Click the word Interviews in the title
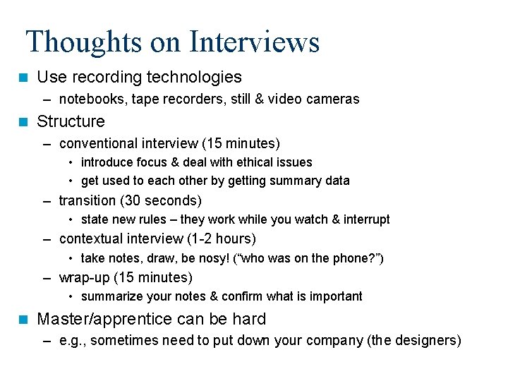tap(255, 42)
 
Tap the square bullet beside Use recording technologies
tap(24, 77)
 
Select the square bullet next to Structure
tap(24, 121)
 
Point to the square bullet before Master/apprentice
tap(24, 319)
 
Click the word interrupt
tap(366, 219)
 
